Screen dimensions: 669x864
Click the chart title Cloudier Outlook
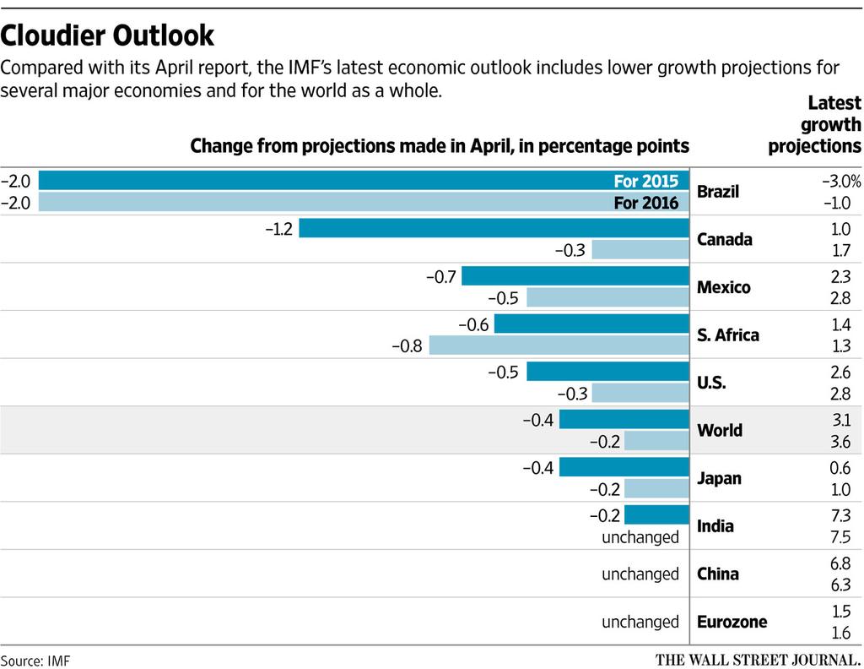tap(107, 35)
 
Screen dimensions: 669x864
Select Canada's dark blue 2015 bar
tap(494, 229)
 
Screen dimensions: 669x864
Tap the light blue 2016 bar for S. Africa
tap(559, 345)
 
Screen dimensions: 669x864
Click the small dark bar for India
tap(657, 515)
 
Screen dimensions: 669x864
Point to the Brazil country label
tap(718, 192)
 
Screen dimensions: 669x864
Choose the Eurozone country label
tap(732, 623)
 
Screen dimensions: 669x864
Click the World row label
tap(720, 431)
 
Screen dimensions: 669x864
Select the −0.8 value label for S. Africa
tap(408, 345)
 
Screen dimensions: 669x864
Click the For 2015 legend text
tap(646, 181)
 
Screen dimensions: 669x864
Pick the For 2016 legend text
tap(646, 203)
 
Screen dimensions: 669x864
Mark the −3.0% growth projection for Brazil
tap(841, 181)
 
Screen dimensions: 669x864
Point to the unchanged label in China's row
tap(640, 574)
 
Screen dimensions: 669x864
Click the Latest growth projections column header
tap(815, 124)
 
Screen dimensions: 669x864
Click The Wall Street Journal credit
tap(756, 659)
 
